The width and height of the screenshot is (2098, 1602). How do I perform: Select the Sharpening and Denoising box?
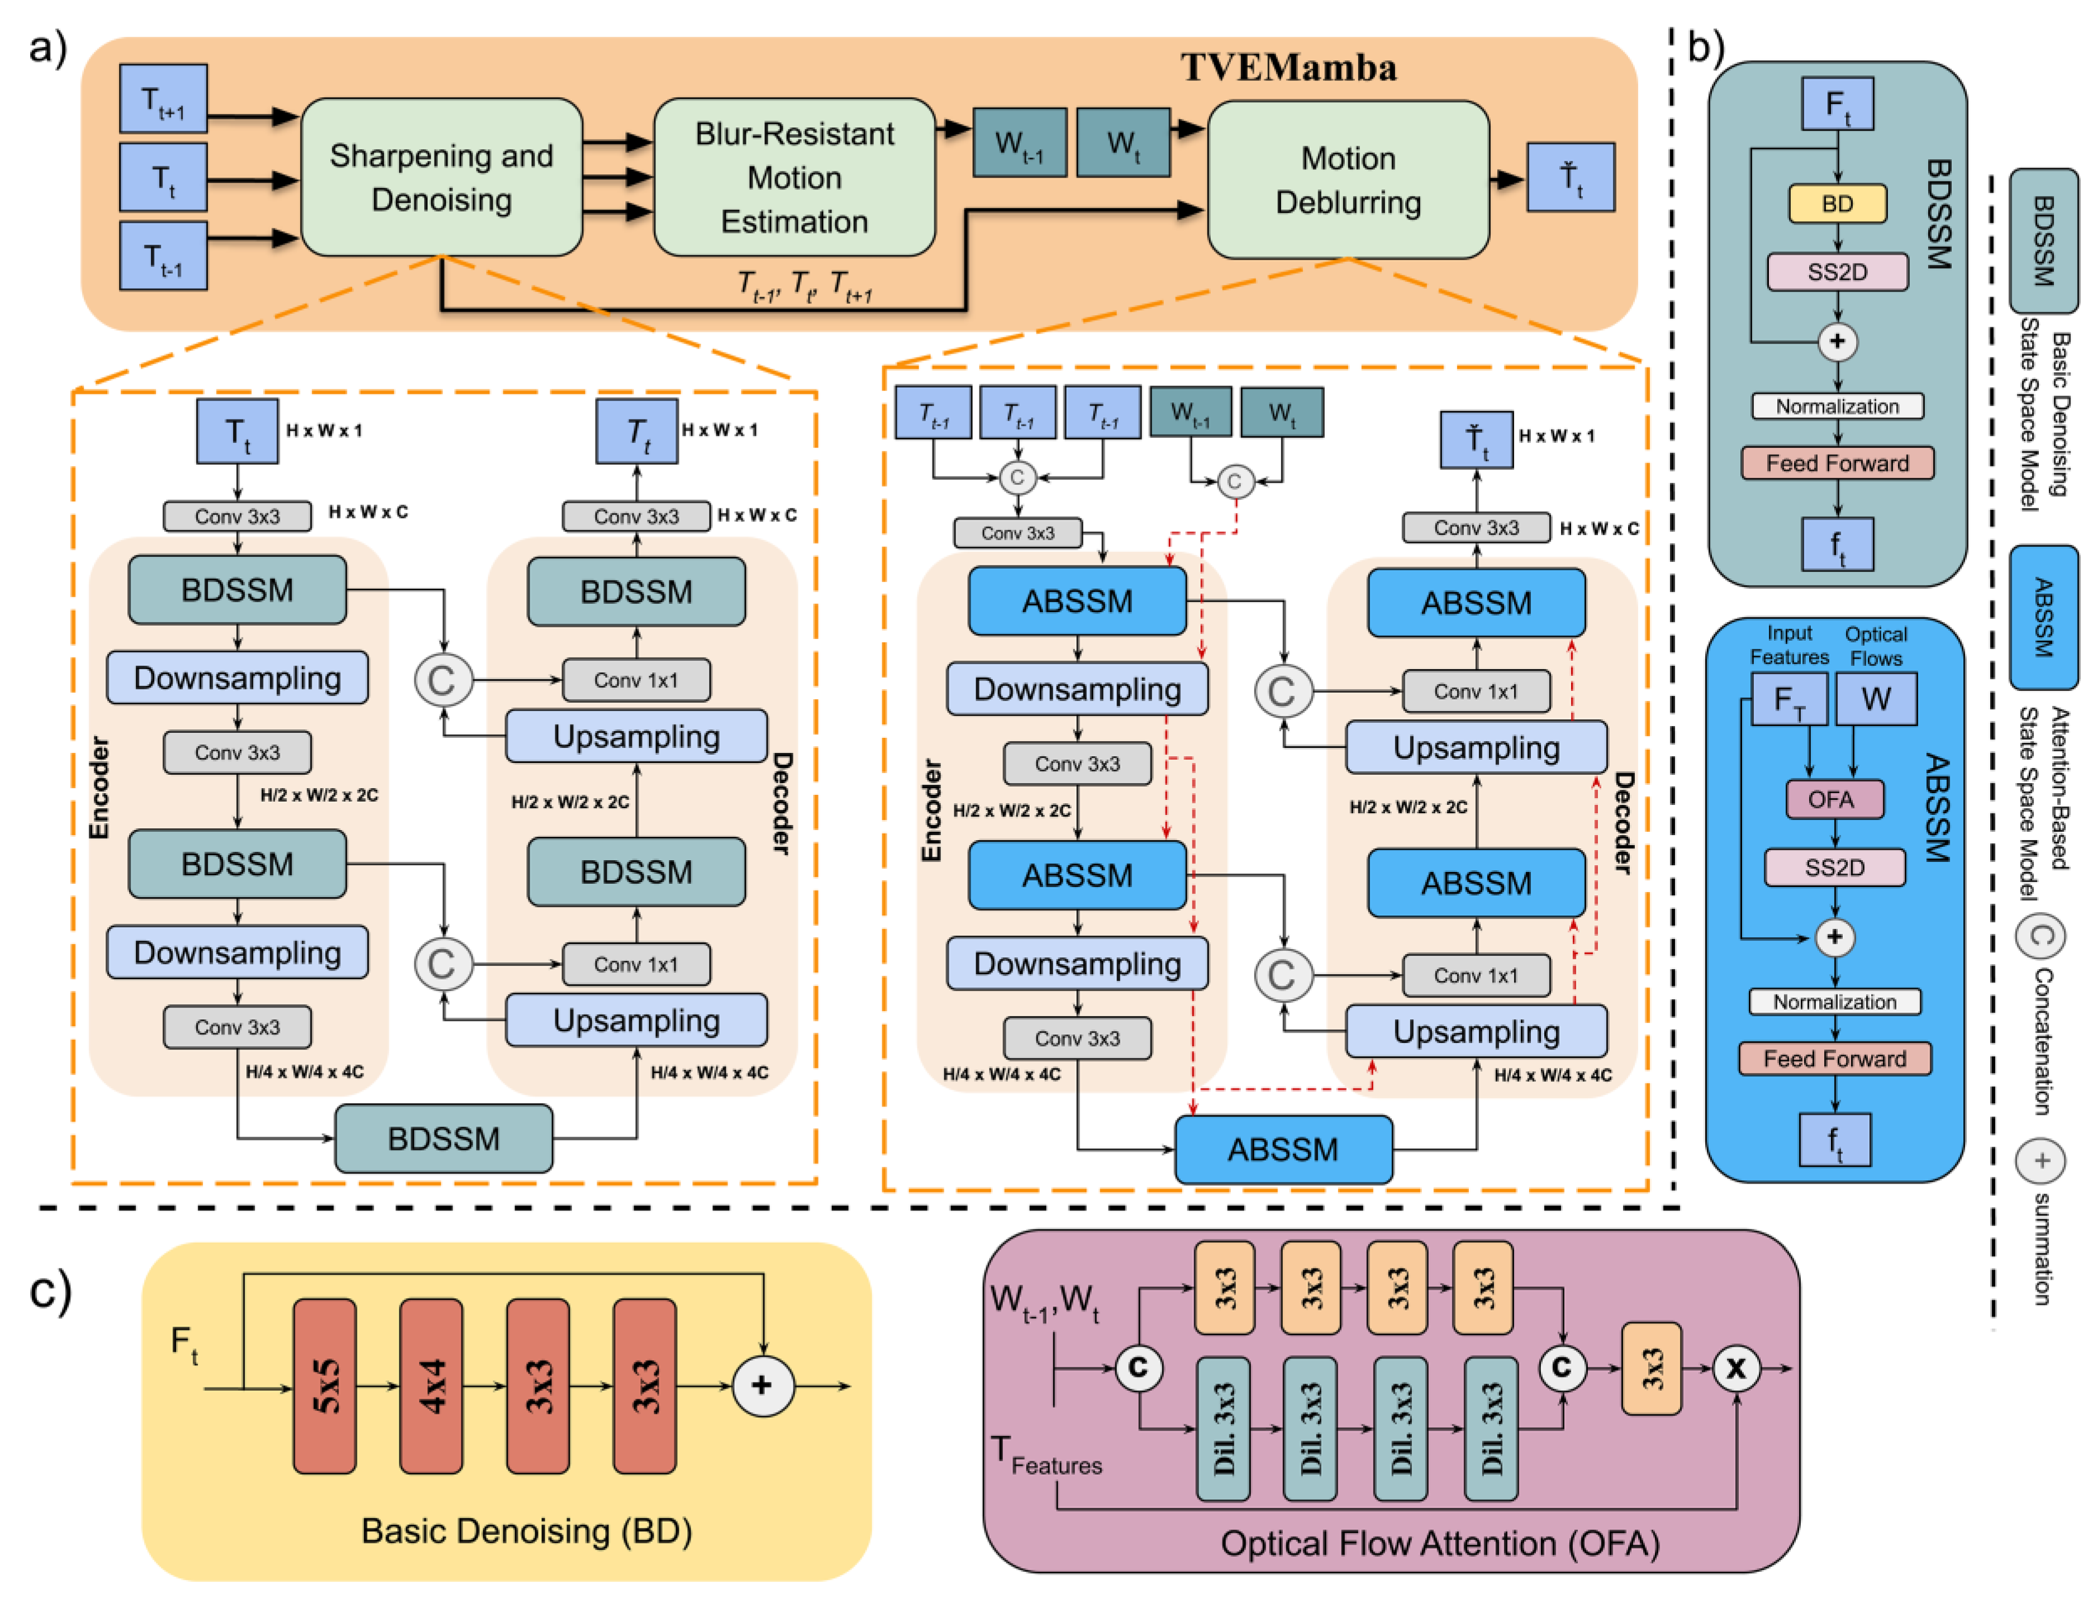point(441,178)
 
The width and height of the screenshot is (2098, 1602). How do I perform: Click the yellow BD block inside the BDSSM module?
point(1836,203)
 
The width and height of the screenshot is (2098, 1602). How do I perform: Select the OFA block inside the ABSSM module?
point(1833,799)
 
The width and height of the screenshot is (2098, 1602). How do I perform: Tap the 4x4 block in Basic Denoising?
point(430,1385)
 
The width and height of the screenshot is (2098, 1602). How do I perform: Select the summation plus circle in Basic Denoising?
point(762,1385)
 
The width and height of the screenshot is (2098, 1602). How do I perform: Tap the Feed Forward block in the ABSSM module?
point(1833,1059)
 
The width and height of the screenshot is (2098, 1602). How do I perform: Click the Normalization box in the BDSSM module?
point(1836,406)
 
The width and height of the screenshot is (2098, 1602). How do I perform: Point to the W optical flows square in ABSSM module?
point(1875,699)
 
